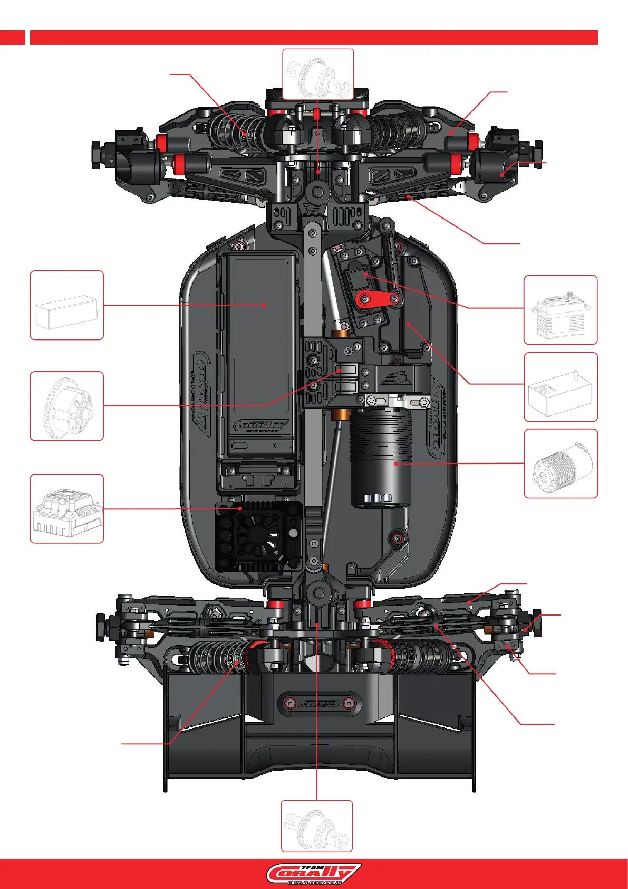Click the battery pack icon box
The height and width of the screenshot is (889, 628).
pyautogui.click(x=66, y=305)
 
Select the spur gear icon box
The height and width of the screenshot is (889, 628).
pyautogui.click(x=66, y=406)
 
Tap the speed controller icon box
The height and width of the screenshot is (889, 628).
pyautogui.click(x=66, y=508)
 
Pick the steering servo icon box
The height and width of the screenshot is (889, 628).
pyautogui.click(x=561, y=310)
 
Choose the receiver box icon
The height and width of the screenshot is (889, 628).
pyautogui.click(x=561, y=387)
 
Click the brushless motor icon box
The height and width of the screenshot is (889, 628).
pyautogui.click(x=561, y=464)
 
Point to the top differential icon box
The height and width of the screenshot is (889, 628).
pyautogui.click(x=318, y=74)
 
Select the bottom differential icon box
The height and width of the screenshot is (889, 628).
pyautogui.click(x=316, y=826)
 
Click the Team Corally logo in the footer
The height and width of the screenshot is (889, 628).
pyautogui.click(x=314, y=874)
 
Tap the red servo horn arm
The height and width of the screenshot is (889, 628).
pyautogui.click(x=378, y=299)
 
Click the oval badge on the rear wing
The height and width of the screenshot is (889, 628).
pyautogui.click(x=318, y=703)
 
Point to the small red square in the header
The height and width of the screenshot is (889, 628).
pyautogui.click(x=12, y=37)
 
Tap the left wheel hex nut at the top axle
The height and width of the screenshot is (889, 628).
pyautogui.click(x=96, y=154)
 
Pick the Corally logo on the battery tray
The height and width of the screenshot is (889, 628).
pyautogui.click(x=262, y=424)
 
